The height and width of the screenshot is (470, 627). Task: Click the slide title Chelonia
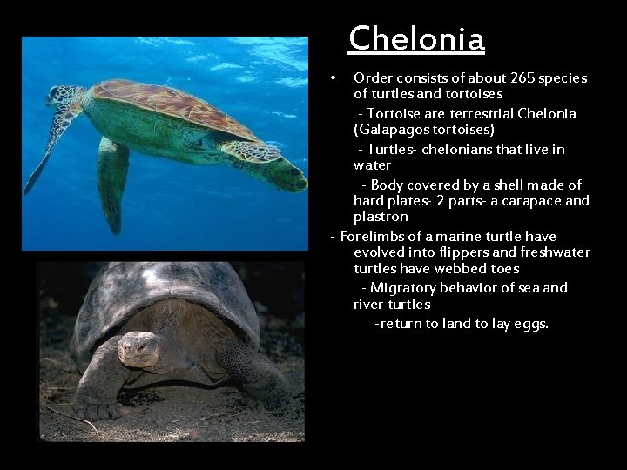(416, 39)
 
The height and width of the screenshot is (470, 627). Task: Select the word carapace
(509, 201)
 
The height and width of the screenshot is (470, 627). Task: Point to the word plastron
(381, 217)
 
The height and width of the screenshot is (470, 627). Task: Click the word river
(371, 305)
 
